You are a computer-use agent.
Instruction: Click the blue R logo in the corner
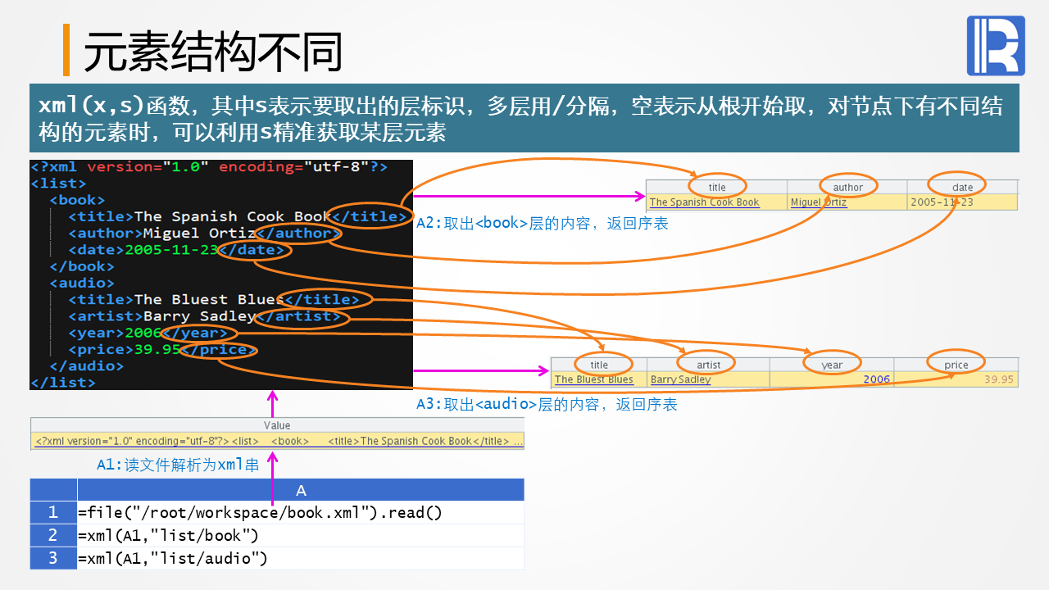pyautogui.click(x=996, y=46)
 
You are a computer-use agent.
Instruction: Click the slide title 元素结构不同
pyautogui.click(x=212, y=52)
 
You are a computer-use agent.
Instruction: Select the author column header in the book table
pyautogui.click(x=847, y=187)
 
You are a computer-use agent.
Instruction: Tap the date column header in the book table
pyautogui.click(x=962, y=187)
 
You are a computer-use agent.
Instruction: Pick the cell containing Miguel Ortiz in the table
pyautogui.click(x=818, y=202)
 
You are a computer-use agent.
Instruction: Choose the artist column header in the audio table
pyautogui.click(x=708, y=365)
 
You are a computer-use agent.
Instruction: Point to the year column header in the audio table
pyautogui.click(x=831, y=365)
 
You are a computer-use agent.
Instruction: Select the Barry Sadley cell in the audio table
pyautogui.click(x=680, y=379)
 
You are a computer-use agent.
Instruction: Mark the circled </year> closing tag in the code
pyautogui.click(x=199, y=334)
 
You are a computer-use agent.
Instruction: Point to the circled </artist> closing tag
pyautogui.click(x=302, y=316)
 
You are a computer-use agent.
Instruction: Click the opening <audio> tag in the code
pyautogui.click(x=82, y=284)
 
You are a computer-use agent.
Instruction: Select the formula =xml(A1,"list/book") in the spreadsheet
pyautogui.click(x=169, y=536)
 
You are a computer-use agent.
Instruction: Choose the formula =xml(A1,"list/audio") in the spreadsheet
pyautogui.click(x=173, y=559)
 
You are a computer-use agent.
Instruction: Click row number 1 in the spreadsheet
pyautogui.click(x=53, y=512)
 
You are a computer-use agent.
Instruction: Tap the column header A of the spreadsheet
pyautogui.click(x=301, y=490)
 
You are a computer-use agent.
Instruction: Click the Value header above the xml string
pyautogui.click(x=277, y=425)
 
